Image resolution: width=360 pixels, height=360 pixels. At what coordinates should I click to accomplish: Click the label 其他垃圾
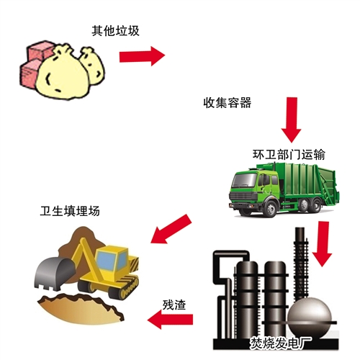(x=115, y=31)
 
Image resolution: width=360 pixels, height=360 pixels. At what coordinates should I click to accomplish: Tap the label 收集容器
(x=228, y=103)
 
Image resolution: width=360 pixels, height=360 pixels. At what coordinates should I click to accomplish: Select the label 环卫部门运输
(x=289, y=154)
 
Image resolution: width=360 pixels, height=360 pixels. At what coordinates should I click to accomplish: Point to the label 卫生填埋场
(x=70, y=211)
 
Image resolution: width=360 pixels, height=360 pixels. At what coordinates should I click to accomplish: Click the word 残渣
(x=174, y=305)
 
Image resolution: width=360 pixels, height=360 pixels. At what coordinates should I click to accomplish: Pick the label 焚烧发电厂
(x=281, y=343)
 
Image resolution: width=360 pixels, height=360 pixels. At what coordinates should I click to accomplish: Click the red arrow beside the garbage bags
(x=142, y=56)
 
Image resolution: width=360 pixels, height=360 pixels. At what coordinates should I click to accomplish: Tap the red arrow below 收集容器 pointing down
(x=292, y=120)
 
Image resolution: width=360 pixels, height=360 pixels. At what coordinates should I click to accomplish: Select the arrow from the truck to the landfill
(x=171, y=229)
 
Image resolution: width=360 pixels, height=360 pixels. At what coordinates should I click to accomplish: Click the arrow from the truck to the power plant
(x=322, y=244)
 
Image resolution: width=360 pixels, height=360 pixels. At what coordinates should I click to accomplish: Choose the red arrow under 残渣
(x=170, y=319)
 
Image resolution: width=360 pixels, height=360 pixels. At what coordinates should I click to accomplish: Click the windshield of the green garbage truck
(x=244, y=180)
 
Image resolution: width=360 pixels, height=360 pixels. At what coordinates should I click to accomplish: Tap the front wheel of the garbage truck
(x=271, y=208)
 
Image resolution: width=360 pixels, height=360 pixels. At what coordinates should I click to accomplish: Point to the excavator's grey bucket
(x=54, y=273)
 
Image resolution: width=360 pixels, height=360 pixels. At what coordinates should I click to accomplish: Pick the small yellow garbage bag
(x=92, y=66)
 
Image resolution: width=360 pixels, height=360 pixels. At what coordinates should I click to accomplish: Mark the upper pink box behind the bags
(x=40, y=50)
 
